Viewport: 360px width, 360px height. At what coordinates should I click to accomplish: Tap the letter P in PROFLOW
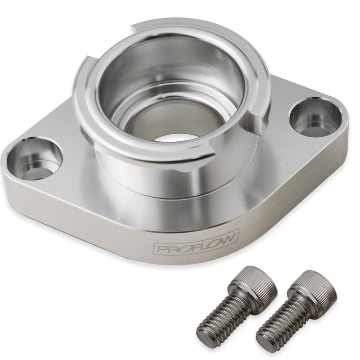[x=161, y=248]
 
